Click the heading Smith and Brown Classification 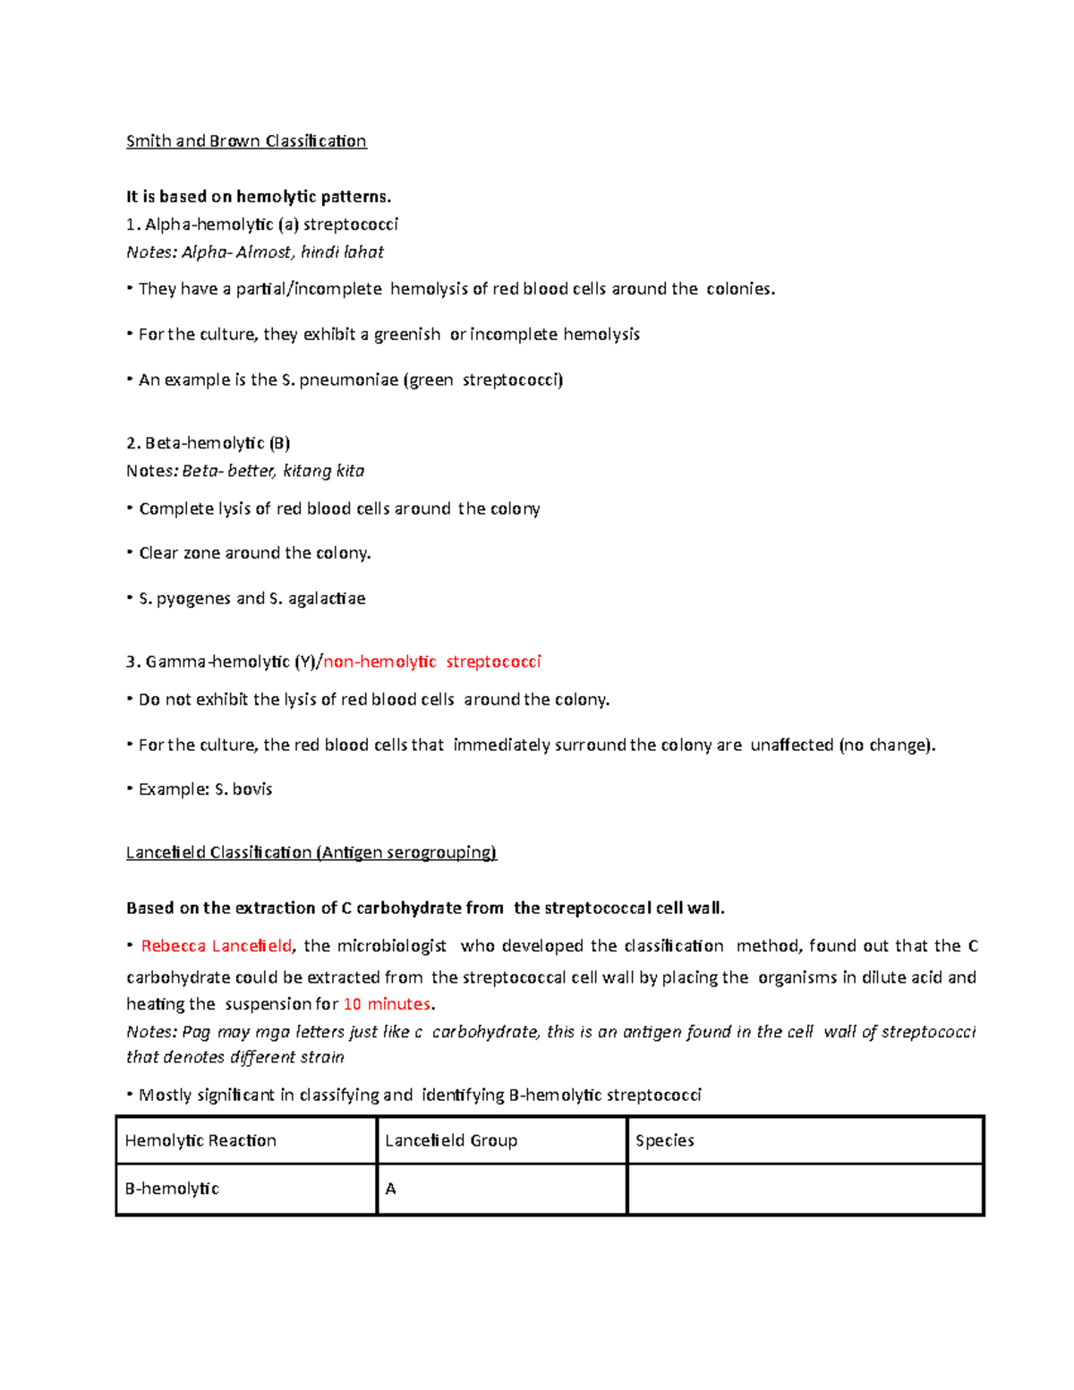coord(246,141)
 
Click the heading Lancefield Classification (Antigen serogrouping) coord(311,853)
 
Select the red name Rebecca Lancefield coord(217,946)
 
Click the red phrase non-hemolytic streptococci coord(432,662)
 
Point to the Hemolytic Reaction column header coord(200,1141)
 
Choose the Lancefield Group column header coord(451,1141)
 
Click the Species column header coord(665,1141)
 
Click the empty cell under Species coord(805,1190)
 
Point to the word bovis coord(252,789)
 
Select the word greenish coord(407,335)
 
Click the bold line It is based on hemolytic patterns coord(259,197)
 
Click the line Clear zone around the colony coord(254,553)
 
